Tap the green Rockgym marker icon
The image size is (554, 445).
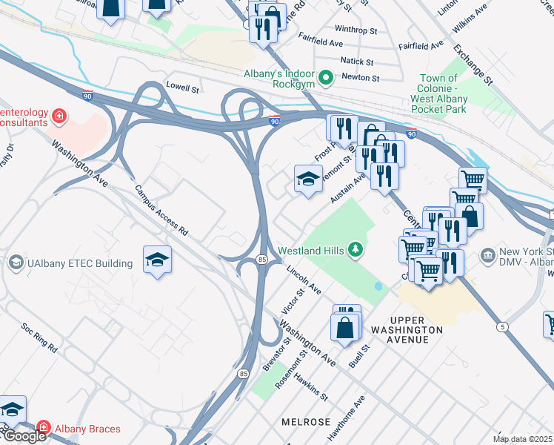click(324, 77)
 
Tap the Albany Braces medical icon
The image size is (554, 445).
click(44, 429)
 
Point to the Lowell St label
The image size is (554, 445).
click(183, 88)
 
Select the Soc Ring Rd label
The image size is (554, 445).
click(39, 340)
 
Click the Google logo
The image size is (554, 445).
click(24, 436)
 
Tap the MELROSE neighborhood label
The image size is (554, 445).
click(305, 421)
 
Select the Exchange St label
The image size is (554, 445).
click(474, 63)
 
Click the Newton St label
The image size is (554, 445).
click(360, 77)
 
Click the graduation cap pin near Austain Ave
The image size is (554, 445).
click(308, 179)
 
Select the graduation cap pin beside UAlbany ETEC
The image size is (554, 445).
click(157, 260)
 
